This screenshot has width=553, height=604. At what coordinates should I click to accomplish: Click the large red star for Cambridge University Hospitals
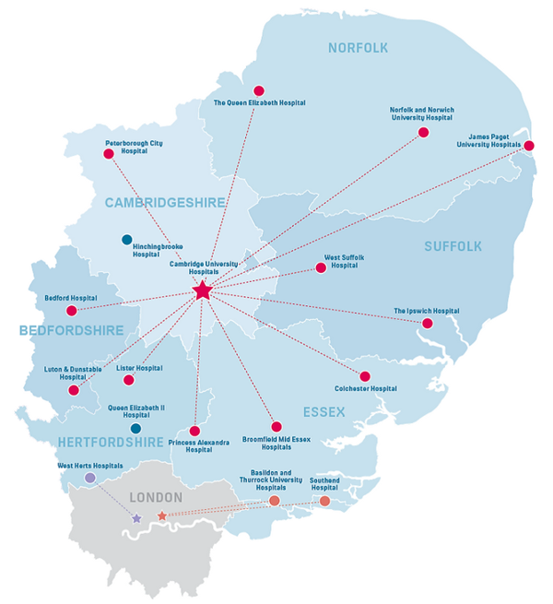coord(203,291)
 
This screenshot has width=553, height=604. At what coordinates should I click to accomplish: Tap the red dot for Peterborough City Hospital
coord(109,154)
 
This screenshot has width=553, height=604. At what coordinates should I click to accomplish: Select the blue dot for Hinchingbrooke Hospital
coord(127,240)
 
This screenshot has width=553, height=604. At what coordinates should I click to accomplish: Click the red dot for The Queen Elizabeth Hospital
coord(259,90)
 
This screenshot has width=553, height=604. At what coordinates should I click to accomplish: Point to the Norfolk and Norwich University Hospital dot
coord(424,132)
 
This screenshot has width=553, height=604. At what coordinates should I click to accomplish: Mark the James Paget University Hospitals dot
coord(530,145)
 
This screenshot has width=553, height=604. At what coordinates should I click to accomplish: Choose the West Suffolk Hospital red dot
coord(321,268)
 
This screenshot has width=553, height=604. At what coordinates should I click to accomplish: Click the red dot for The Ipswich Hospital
coord(428,324)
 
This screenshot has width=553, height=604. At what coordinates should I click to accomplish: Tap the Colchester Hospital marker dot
coord(365,376)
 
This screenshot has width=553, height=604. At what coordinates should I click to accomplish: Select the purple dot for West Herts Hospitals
coord(90,479)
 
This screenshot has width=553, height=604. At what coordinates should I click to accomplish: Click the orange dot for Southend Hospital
coord(324,501)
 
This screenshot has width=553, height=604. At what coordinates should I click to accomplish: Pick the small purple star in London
coord(136,519)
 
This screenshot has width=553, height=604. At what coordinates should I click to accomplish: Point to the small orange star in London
coord(162,515)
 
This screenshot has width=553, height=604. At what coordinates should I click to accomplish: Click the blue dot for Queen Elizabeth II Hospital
coord(136,429)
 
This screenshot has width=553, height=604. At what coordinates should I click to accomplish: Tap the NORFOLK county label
coord(359,48)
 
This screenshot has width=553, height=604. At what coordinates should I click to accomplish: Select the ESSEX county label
coord(322,412)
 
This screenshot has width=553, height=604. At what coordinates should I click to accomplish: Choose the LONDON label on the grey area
coord(156,497)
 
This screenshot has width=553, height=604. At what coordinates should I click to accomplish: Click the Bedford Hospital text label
coord(71,299)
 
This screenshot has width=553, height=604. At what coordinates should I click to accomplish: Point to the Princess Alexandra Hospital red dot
coord(194,431)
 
